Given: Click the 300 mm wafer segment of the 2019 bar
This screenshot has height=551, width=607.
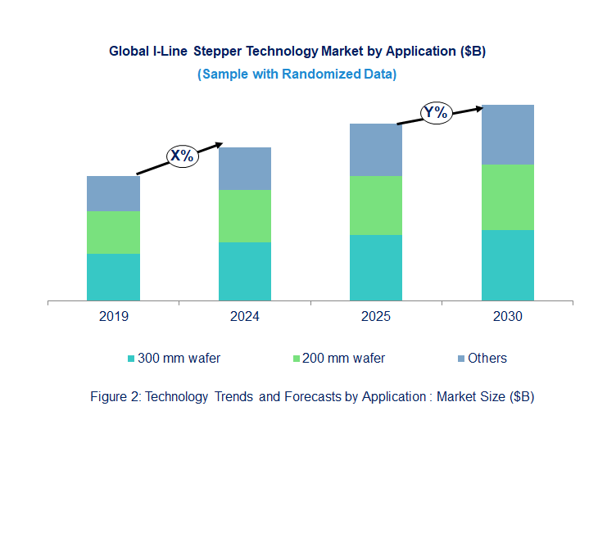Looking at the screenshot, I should pyautogui.click(x=113, y=277).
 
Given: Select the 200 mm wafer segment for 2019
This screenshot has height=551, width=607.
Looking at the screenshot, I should pyautogui.click(x=113, y=233).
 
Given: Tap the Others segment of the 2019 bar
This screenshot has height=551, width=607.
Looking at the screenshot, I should pyautogui.click(x=113, y=193).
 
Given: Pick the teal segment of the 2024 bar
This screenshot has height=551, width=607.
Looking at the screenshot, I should pyautogui.click(x=244, y=271).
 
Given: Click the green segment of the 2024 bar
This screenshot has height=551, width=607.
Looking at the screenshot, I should pyautogui.click(x=244, y=216).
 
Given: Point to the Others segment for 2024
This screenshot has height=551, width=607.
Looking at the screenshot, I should pyautogui.click(x=244, y=169).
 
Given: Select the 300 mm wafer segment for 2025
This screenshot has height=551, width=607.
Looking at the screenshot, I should pyautogui.click(x=376, y=268).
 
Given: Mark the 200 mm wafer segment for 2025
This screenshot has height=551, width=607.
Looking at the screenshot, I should pyautogui.click(x=376, y=205).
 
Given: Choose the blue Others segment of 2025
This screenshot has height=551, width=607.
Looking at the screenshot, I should pyautogui.click(x=376, y=150).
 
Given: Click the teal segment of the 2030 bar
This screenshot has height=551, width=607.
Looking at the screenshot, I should pyautogui.click(x=507, y=265).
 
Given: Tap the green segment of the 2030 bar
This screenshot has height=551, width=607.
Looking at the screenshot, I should pyautogui.click(x=507, y=197).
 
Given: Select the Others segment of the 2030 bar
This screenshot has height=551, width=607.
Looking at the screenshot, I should pyautogui.click(x=507, y=134).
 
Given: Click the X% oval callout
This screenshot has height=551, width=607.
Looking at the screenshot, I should pyautogui.click(x=182, y=156).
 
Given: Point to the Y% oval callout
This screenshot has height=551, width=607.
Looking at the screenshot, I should pyautogui.click(x=436, y=113).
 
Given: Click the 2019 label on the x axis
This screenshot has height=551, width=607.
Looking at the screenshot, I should pyautogui.click(x=113, y=317).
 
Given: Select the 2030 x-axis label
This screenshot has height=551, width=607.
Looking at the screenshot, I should pyautogui.click(x=507, y=317).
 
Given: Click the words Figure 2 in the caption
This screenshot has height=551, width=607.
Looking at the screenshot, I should pyautogui.click(x=113, y=397).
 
